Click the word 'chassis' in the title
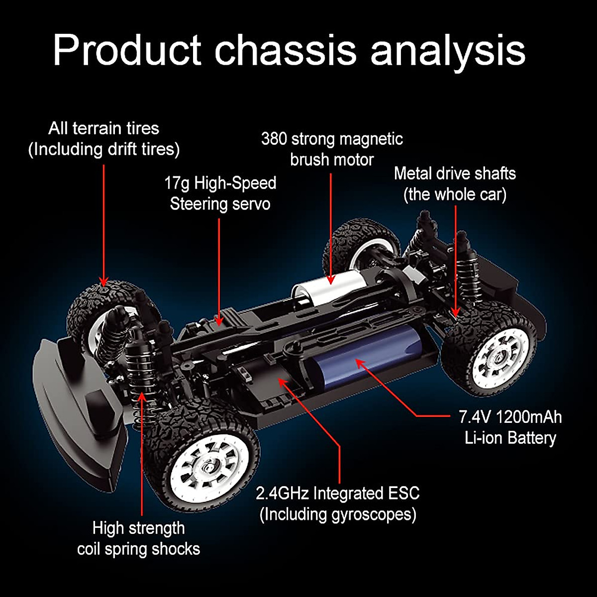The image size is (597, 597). click(286, 50)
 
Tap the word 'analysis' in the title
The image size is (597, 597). click(448, 50)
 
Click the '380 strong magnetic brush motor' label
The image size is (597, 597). click(332, 149)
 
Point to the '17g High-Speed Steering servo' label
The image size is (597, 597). click(220, 194)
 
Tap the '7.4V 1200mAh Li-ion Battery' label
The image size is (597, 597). click(510, 427)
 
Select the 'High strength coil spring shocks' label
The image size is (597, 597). click(138, 538)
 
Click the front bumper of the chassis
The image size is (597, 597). click(75, 393)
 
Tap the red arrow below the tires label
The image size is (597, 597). click(103, 224)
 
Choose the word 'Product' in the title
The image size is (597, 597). click(127, 50)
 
